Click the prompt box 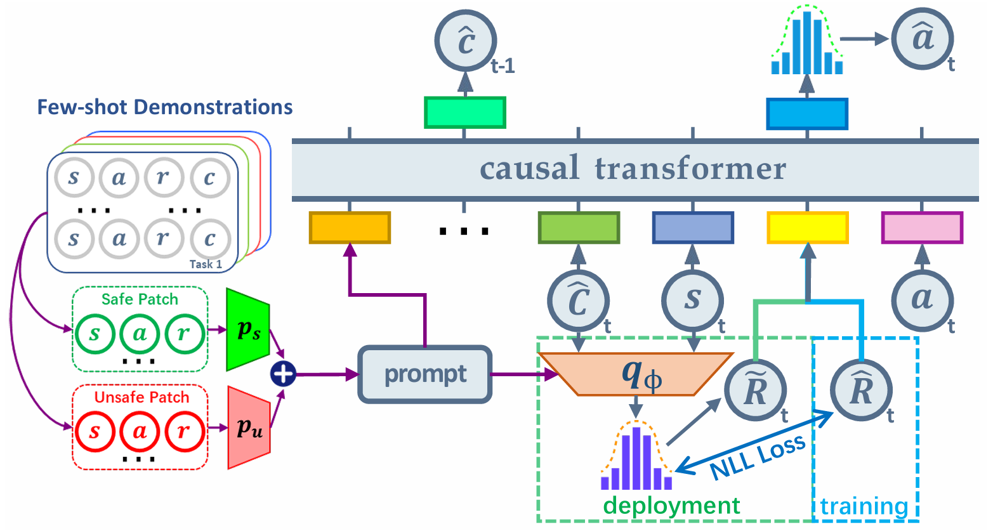coord(425,374)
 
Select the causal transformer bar coord(635,169)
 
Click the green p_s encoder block coord(248,330)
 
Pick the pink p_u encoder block coord(249,428)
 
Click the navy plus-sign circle coord(283,374)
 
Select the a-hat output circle coord(922,39)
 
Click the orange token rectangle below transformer coord(350,228)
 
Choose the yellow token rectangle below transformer coord(807,228)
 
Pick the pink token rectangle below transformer coord(922,228)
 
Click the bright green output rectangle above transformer coord(464,113)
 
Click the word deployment coord(671,506)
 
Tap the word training coord(864,507)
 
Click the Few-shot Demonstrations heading coord(165,107)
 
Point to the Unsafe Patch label coord(141,398)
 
